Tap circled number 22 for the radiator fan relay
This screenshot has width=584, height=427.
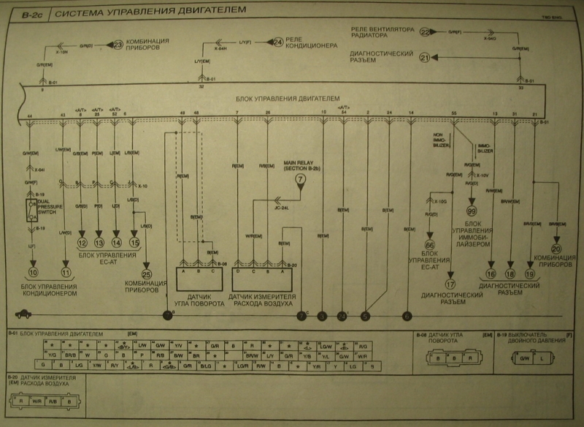tap(425, 32)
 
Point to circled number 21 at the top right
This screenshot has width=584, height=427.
tap(425, 56)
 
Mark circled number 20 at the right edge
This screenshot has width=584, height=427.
tap(556, 249)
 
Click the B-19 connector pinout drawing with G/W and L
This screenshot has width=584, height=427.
tap(531, 358)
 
